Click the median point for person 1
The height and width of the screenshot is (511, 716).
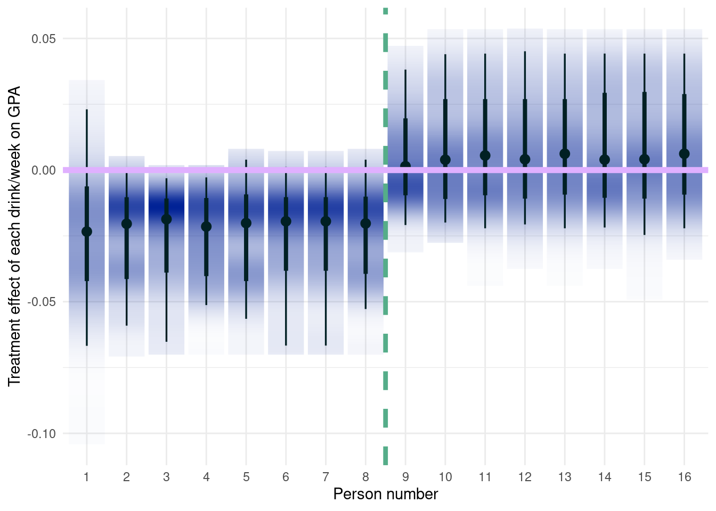coord(86,232)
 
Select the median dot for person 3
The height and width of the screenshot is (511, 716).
coord(166,219)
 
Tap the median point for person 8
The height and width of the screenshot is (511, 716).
coord(365,223)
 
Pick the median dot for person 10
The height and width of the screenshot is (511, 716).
coord(445,160)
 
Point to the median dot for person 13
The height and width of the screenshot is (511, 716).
coord(565,154)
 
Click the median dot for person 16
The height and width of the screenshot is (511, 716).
coord(685,154)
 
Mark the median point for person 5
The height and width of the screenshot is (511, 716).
coord(246,223)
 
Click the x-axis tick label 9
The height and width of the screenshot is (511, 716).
coord(405,477)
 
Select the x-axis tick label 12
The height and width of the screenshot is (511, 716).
coord(525,477)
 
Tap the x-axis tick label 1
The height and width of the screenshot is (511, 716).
coord(86,477)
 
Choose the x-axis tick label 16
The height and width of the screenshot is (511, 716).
coord(685,477)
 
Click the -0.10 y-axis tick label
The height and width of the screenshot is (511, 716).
coord(42,434)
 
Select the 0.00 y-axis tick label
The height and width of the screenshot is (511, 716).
coord(44,170)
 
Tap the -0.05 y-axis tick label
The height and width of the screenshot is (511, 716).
coord(42,302)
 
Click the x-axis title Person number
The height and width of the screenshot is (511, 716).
coord(385,494)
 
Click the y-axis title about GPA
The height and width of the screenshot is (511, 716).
coord(14,236)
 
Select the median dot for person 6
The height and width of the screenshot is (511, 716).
coord(286,221)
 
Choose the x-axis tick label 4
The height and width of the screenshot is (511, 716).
coord(206,477)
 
